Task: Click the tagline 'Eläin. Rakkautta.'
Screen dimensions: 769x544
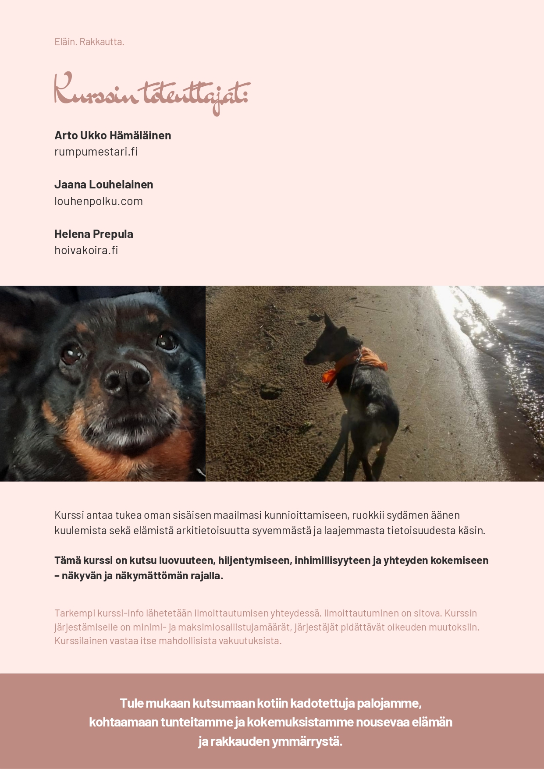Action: tap(89, 42)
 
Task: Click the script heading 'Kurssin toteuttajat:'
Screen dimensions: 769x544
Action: tap(151, 93)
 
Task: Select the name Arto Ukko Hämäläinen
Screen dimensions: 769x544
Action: tap(113, 135)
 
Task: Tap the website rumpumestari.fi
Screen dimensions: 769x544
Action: tap(96, 152)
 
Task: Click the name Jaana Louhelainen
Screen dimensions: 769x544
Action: tap(103, 184)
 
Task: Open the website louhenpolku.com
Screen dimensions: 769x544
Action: tap(99, 201)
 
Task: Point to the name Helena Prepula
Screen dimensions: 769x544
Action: tap(94, 234)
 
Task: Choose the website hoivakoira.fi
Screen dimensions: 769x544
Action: tap(86, 250)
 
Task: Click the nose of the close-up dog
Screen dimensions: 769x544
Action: tap(126, 377)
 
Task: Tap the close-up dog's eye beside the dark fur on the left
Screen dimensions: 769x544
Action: tap(70, 354)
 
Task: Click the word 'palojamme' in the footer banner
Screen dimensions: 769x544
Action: tap(389, 703)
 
